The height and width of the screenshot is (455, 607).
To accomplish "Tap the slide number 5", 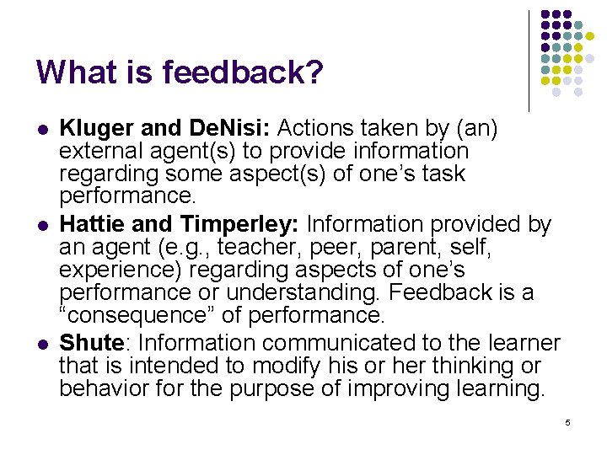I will point(567,421).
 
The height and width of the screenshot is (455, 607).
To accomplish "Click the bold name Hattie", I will point(89,225).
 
